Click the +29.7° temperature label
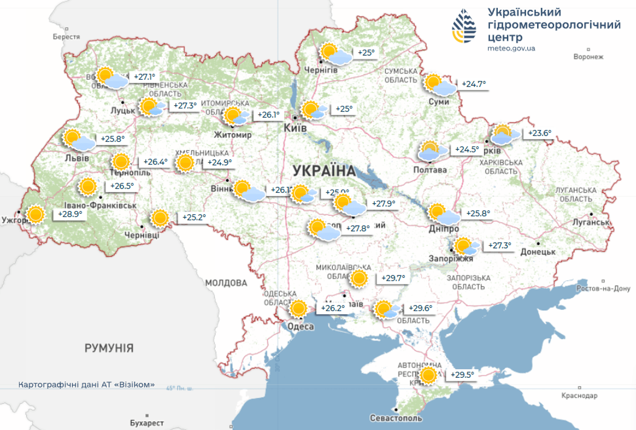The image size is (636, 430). tap(393, 278)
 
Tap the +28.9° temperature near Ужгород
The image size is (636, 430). tap(70, 214)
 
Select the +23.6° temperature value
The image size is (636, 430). tap(539, 133)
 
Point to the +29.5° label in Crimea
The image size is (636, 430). tap(462, 375)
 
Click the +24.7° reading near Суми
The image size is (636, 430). tap(473, 84)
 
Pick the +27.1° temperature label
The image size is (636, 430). tap(144, 77)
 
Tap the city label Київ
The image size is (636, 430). tap(295, 128)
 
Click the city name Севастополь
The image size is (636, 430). tap(396, 418)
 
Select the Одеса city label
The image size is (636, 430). tap(300, 327)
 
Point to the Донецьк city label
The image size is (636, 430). tap(538, 252)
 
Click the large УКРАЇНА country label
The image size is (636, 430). tap(324, 171)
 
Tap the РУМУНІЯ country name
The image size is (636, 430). tap(109, 348)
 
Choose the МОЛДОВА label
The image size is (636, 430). tap(226, 283)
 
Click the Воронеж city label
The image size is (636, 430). tap(588, 57)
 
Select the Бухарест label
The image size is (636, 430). tap(147, 423)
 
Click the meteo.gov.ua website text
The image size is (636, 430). tap(511, 49)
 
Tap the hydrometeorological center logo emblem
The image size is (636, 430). tap(464, 26)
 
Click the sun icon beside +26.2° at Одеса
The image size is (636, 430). tap(298, 308)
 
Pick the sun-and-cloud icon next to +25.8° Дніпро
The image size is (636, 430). tap(443, 214)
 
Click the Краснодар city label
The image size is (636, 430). tap(579, 396)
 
